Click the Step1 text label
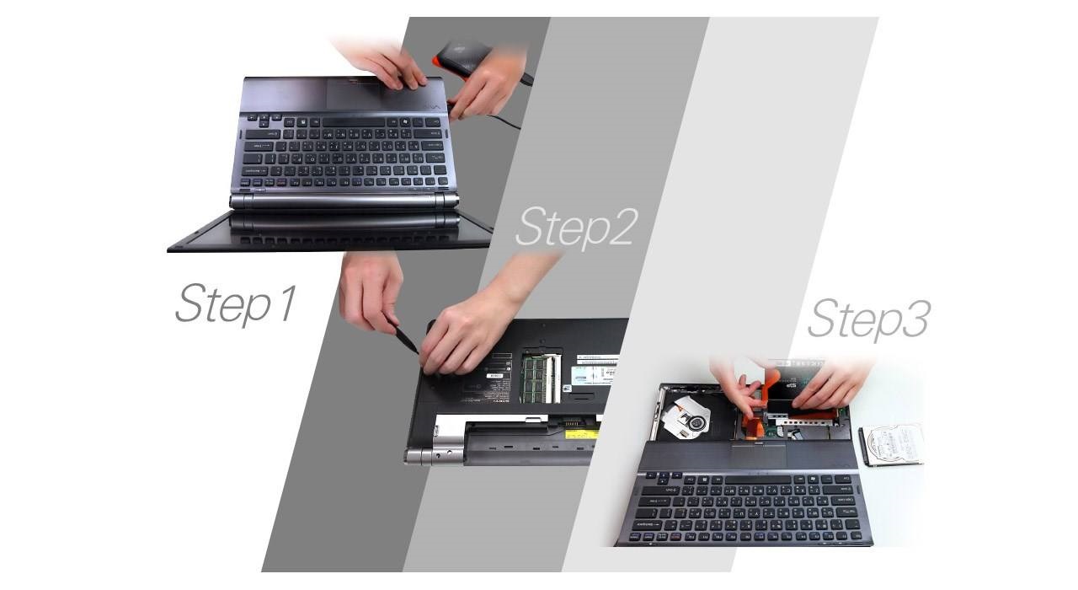[236, 303]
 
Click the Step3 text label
[867, 319]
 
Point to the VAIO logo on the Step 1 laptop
[432, 109]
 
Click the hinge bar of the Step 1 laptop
[344, 201]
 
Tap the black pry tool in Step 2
[405, 338]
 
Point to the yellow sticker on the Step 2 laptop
[582, 433]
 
